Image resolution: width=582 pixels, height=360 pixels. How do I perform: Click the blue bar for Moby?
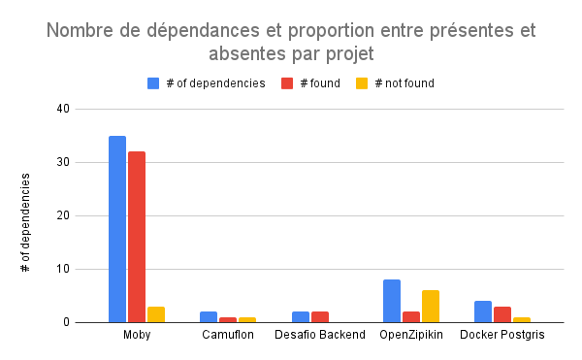tap(117, 229)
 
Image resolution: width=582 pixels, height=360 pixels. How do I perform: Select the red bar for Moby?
tap(137, 237)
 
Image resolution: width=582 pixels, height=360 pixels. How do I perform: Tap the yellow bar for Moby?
tap(156, 314)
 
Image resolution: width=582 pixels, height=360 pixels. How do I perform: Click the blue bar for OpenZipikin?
tap(392, 301)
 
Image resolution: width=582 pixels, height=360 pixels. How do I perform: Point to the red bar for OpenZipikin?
tap(411, 316)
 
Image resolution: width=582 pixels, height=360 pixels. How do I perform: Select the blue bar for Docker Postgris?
tap(483, 311)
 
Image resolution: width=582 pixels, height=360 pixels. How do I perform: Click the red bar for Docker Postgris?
tap(502, 314)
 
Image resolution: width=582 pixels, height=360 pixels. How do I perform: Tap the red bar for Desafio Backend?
tap(320, 316)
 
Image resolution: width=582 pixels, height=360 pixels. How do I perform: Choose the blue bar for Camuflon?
tap(209, 316)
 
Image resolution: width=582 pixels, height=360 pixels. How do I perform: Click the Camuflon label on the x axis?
tap(228, 336)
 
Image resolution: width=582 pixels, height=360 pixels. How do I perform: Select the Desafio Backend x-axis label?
tap(319, 336)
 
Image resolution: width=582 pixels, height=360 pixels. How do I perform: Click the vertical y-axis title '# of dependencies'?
tap(26, 221)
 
